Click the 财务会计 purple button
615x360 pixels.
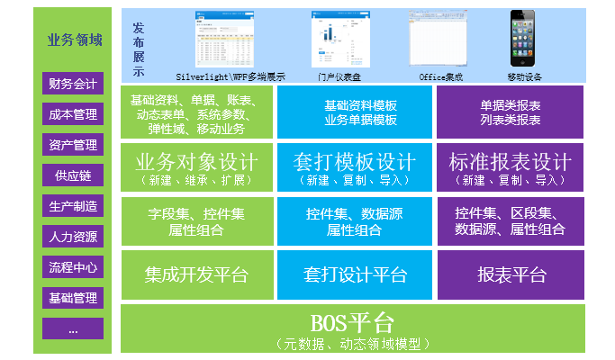[x=73, y=83]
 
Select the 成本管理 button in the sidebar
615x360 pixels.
[x=73, y=114]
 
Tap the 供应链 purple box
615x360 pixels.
[x=73, y=175]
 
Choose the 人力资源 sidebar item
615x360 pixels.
[x=73, y=237]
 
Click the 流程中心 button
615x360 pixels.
[x=73, y=267]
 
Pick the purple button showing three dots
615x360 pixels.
[x=73, y=328]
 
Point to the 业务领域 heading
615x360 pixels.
[x=75, y=40]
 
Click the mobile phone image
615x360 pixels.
[x=522, y=39]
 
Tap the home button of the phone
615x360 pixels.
[x=522, y=62]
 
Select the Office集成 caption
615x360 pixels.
[x=441, y=77]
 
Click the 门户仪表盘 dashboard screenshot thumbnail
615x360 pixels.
[x=340, y=40]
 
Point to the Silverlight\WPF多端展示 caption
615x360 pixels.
[x=231, y=77]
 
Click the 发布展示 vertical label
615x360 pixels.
[x=139, y=49]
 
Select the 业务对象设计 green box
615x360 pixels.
[x=196, y=167]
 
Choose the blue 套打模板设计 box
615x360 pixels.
[x=355, y=167]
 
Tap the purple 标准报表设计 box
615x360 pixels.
[x=510, y=167]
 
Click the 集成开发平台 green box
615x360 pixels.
[x=197, y=274]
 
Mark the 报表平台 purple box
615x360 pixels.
[x=511, y=274]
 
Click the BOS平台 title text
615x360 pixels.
[x=352, y=323]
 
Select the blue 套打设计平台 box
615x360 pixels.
[x=355, y=274]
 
